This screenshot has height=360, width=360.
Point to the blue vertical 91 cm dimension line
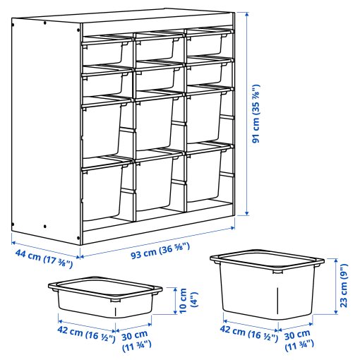[247, 113]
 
